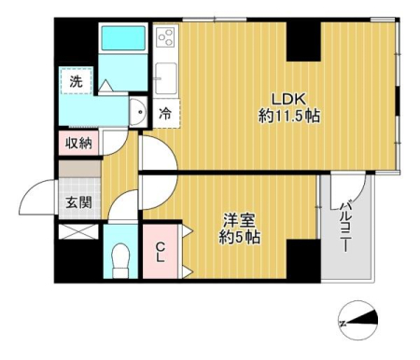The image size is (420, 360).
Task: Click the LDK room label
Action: click(x=289, y=99)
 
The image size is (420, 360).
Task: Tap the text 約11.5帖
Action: click(x=289, y=117)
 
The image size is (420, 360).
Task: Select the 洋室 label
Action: click(x=240, y=221)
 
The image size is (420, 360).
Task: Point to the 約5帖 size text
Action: click(x=240, y=238)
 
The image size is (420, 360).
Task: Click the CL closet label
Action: click(x=161, y=253)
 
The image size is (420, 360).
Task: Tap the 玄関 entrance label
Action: click(x=78, y=202)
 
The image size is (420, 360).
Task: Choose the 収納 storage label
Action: click(x=78, y=143)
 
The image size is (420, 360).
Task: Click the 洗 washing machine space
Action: click(x=77, y=81)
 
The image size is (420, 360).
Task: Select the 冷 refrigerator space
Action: click(x=165, y=114)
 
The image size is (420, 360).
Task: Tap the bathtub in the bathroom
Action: click(x=123, y=38)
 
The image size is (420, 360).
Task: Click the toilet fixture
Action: click(x=120, y=260)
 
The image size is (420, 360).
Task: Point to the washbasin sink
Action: click(x=138, y=111)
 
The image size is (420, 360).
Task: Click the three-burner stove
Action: click(x=166, y=35)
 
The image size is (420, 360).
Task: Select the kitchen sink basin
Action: click(x=166, y=78)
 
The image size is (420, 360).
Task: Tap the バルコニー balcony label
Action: click(x=345, y=227)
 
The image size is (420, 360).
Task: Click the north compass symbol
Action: click(x=358, y=320)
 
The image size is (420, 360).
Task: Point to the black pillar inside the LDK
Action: click(x=303, y=41)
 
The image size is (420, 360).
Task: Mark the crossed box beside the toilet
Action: click(x=78, y=231)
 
